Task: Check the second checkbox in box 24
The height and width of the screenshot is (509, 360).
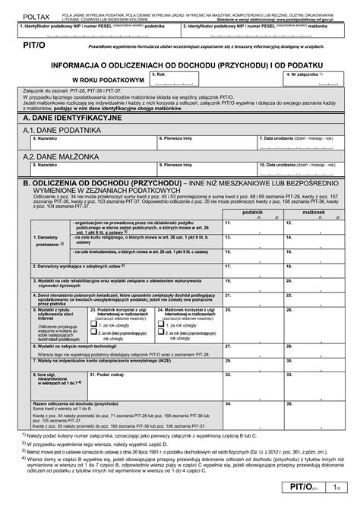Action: pos(161,335)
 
